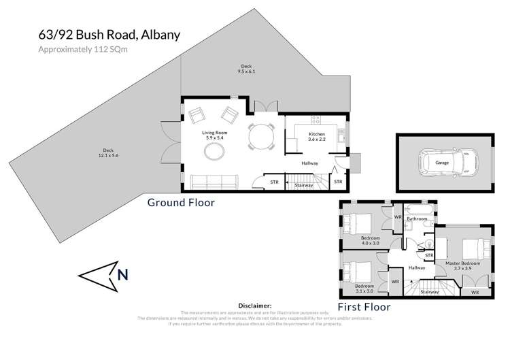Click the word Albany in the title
158,35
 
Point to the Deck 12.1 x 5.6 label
107,152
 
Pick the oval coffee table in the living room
212,152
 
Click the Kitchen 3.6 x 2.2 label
318,136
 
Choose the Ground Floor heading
182,202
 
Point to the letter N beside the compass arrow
122,275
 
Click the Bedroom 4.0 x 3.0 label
370,240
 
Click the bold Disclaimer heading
255,306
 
